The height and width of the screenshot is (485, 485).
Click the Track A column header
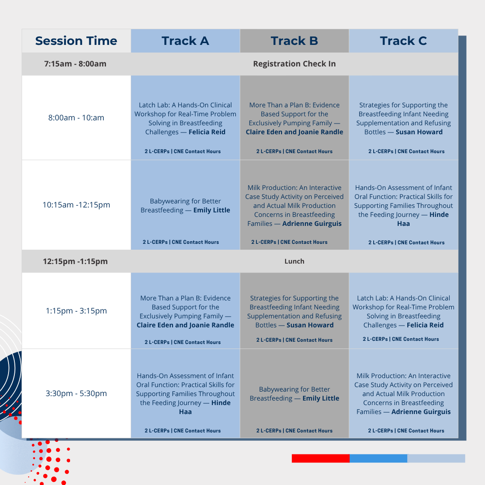coord(185,41)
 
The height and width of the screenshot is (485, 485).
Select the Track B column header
coord(294,41)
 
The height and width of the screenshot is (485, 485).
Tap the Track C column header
coord(403,41)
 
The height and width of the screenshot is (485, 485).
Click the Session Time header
coord(76,41)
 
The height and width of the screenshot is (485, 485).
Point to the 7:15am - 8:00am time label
coord(75,64)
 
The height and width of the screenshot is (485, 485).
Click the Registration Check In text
coord(294,64)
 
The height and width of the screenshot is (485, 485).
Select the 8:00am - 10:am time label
coord(76,118)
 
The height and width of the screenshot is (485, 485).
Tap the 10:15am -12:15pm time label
coord(76,205)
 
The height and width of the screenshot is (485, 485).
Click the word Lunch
coord(294,261)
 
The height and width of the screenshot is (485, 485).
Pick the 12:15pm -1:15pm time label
coord(75,261)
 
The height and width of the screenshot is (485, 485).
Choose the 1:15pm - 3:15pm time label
coord(76,311)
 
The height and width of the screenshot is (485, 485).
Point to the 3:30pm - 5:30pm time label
coord(76,393)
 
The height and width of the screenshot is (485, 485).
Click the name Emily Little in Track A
coord(212,210)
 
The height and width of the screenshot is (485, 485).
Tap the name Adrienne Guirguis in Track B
coord(312,224)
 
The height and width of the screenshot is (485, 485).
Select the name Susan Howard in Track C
coord(419,132)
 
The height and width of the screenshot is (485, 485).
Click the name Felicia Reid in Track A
coord(207,132)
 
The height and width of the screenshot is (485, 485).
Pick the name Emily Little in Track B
coord(321,398)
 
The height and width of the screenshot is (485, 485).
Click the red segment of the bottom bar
coord(321,459)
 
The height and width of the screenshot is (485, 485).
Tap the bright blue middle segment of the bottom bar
coord(378,459)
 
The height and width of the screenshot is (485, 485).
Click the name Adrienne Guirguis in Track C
coord(421,412)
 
